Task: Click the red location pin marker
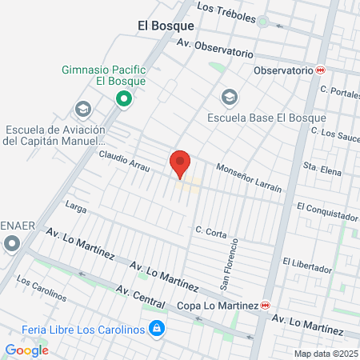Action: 180,162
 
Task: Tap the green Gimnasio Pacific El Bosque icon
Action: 123,99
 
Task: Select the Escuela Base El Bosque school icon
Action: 230,98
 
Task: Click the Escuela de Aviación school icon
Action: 82,109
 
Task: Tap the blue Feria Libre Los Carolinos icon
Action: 158,328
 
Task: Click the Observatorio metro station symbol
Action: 321,70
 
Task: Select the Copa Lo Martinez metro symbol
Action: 265,306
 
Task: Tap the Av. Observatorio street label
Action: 214,48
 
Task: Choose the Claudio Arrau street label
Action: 125,158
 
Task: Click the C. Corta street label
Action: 210,231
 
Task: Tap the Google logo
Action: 26,350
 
